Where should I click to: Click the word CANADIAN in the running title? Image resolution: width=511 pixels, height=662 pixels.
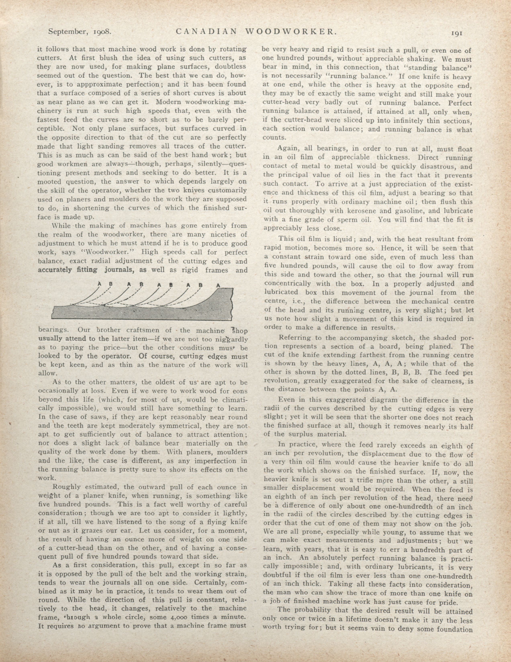[x=206, y=31]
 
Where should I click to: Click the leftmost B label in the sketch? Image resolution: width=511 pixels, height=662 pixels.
[x=110, y=284]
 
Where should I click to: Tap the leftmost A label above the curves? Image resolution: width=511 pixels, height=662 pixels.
[x=99, y=284]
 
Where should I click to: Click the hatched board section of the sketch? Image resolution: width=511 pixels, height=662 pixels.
[x=143, y=312]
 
